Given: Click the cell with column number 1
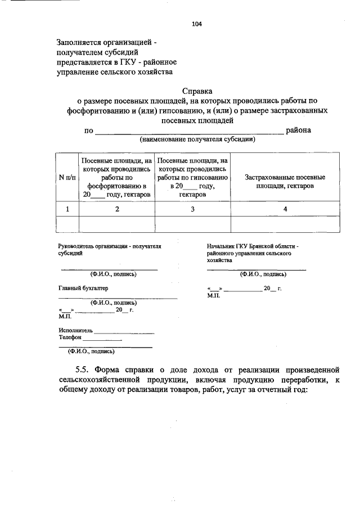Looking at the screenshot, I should click(67, 209).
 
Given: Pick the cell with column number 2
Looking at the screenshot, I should click(117, 209).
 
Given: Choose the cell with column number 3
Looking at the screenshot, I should click(192, 209).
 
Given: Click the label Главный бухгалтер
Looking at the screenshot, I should click(83, 288).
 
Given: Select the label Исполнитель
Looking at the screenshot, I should click(75, 330).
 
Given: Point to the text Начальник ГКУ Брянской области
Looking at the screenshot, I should click(253, 246).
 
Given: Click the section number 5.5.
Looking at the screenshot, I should click(83, 370).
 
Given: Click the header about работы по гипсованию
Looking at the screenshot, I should click(192, 178).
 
